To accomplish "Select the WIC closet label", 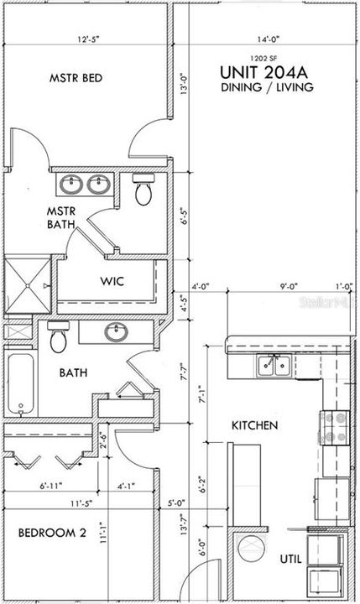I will tap(112, 281).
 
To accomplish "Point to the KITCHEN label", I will tap(254, 426).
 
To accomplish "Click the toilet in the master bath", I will tap(143, 190).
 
